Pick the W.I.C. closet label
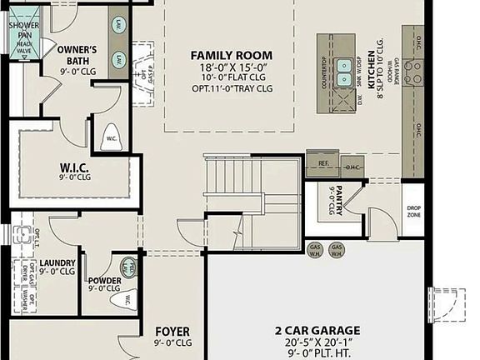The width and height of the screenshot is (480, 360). coord(74,167)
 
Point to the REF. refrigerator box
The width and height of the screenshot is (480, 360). coord(322,164)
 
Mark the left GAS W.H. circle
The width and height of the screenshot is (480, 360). coord(316,250)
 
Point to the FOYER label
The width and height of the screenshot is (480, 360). coord(172,332)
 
